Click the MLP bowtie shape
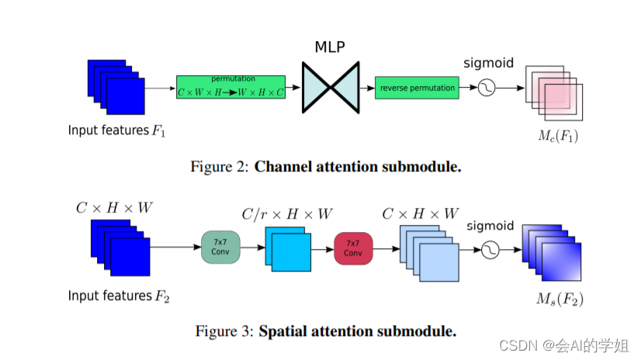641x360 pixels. (x=331, y=88)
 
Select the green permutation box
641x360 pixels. (x=230, y=87)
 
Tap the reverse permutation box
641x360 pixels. (x=417, y=88)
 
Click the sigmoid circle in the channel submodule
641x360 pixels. (x=487, y=88)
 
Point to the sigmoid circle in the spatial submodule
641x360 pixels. (x=490, y=251)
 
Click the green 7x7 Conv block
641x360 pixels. (x=220, y=247)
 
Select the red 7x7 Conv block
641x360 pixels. (x=353, y=247)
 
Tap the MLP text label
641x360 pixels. (x=330, y=47)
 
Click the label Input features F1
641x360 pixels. (x=116, y=130)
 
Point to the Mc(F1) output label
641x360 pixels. (x=558, y=137)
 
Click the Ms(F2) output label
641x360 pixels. (x=560, y=299)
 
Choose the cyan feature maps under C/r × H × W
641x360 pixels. (x=286, y=247)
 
